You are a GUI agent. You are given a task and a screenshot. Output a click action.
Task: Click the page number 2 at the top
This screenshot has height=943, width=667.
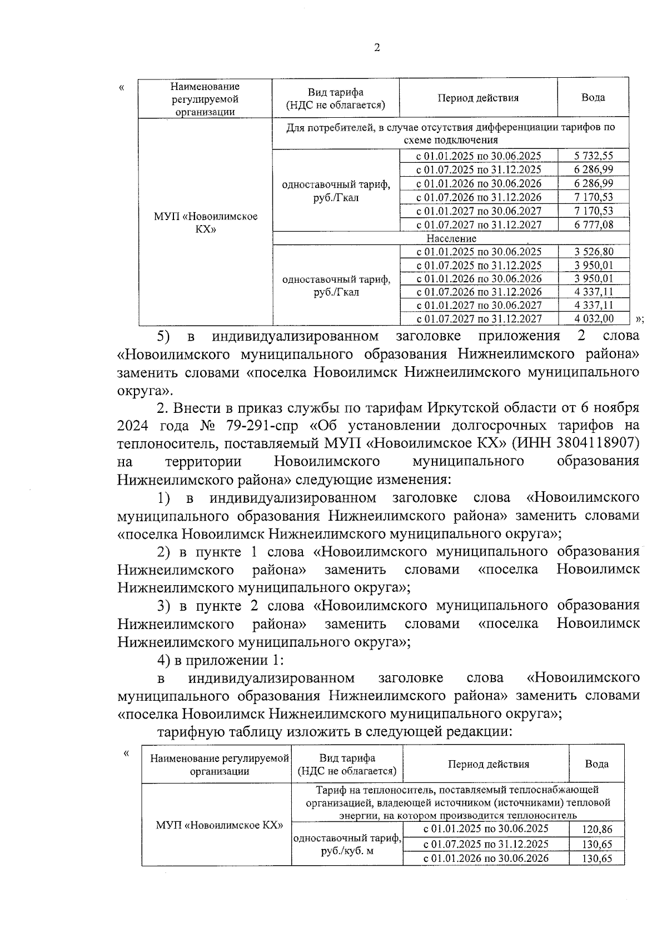[377, 48]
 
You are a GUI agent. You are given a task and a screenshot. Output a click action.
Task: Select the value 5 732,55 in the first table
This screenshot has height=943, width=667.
[594, 156]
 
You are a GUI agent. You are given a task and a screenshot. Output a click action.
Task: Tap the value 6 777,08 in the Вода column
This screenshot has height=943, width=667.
[594, 224]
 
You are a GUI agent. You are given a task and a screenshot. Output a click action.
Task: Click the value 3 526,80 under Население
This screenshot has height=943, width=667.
[594, 252]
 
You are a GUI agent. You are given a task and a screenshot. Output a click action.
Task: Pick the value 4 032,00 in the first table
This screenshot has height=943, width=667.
[594, 318]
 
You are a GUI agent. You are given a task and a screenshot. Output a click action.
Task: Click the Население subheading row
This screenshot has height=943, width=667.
[451, 238]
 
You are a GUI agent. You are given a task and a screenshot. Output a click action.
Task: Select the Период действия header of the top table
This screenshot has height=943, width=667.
[478, 98]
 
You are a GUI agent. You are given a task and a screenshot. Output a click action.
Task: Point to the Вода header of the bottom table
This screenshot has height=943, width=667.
[596, 764]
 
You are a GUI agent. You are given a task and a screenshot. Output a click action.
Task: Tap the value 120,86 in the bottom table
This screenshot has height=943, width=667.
[596, 830]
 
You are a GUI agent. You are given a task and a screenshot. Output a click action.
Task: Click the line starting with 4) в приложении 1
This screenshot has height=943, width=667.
[221, 660]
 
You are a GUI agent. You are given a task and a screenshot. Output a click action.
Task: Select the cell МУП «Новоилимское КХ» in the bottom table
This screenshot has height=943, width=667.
[216, 825]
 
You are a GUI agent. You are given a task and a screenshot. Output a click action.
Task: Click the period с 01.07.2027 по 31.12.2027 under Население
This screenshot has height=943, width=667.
[479, 318]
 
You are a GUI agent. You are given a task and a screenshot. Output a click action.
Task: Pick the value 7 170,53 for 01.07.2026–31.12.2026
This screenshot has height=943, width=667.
[594, 197]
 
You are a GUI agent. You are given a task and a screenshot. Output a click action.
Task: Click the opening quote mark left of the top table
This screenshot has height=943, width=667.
[122, 87]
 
